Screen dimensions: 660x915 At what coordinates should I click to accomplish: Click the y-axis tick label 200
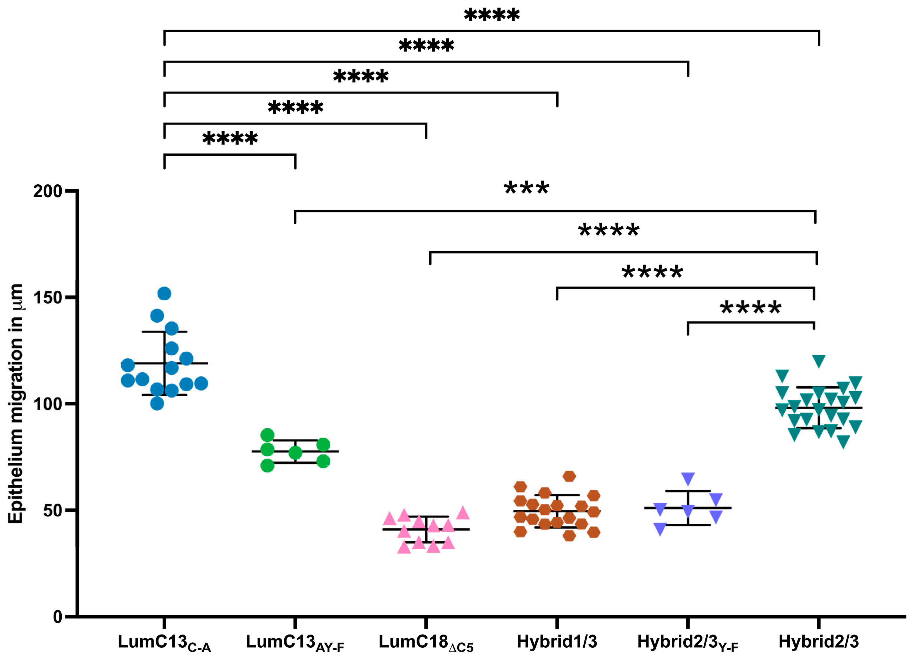48,191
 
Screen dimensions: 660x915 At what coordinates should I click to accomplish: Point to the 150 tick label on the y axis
48,298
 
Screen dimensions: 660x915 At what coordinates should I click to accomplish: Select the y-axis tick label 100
48,404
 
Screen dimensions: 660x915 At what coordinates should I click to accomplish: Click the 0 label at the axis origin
58,617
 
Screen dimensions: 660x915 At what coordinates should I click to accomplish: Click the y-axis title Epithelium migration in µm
16,403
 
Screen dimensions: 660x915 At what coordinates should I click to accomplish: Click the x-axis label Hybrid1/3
557,642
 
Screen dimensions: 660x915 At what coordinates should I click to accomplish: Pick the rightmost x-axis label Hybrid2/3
819,642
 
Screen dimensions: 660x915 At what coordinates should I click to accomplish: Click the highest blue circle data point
164,294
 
